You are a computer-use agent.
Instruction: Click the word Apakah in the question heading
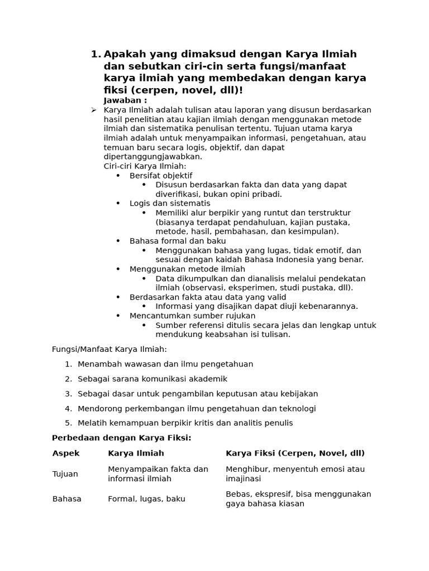[124, 54]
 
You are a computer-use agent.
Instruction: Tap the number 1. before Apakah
[96, 54]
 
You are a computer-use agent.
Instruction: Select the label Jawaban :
[126, 100]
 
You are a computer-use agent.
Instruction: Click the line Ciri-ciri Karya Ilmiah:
[145, 166]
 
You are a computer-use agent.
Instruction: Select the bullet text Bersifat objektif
[161, 176]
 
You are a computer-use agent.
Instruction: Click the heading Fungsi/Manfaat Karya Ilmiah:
[109, 349]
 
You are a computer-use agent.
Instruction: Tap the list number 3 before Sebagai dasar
[68, 394]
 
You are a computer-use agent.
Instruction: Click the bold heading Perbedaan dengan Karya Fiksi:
[122, 438]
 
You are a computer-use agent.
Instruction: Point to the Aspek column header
[66, 453]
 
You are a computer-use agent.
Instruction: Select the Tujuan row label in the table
[65, 474]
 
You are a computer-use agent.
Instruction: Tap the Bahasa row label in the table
[67, 499]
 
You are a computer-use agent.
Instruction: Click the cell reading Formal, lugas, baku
[146, 499]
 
